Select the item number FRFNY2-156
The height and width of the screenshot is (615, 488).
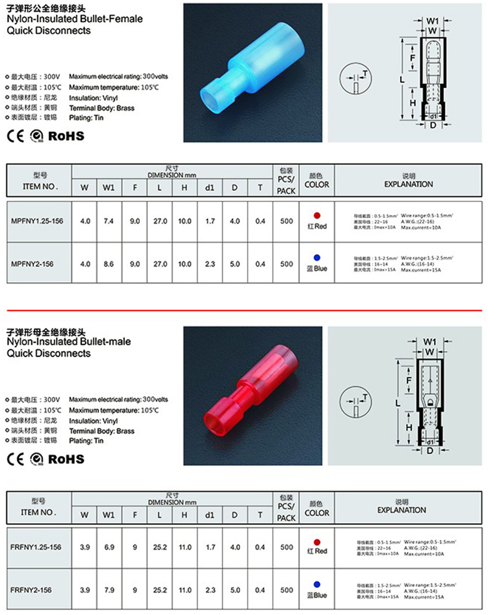(x=32, y=590)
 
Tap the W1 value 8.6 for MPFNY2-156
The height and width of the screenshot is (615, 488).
(x=109, y=264)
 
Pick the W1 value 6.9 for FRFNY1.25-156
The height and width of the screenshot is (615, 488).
(x=109, y=547)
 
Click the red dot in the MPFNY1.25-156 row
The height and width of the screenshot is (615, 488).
(x=317, y=216)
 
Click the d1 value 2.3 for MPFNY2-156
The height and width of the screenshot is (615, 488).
(x=210, y=264)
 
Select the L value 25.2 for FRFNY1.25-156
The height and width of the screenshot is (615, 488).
(x=159, y=547)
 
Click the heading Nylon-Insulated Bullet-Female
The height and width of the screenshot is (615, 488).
(x=74, y=20)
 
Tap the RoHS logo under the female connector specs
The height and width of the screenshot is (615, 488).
(x=66, y=136)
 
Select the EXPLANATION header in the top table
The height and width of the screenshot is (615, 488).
(x=409, y=184)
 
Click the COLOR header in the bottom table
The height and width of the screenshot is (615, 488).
(x=317, y=513)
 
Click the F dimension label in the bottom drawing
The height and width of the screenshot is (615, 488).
(x=408, y=380)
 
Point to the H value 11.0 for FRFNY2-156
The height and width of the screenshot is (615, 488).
(x=185, y=590)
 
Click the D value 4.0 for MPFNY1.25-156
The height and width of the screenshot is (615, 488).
(x=235, y=222)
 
